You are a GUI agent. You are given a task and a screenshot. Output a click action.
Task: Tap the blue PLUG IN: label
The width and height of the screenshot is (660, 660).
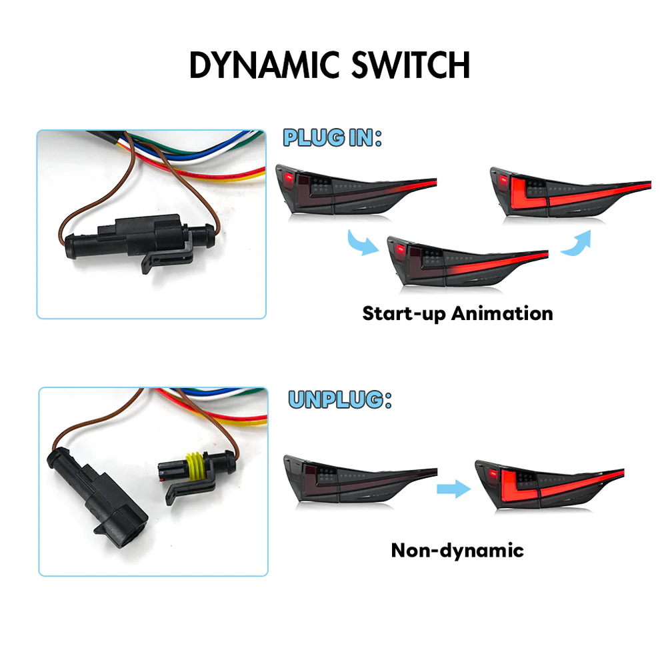(332, 138)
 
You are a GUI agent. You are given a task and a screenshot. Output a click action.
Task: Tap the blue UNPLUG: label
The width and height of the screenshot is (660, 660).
(339, 399)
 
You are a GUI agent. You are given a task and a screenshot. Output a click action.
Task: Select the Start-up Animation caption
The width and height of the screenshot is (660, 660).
(457, 313)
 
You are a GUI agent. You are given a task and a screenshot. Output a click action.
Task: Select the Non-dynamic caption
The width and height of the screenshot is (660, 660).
(457, 550)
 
